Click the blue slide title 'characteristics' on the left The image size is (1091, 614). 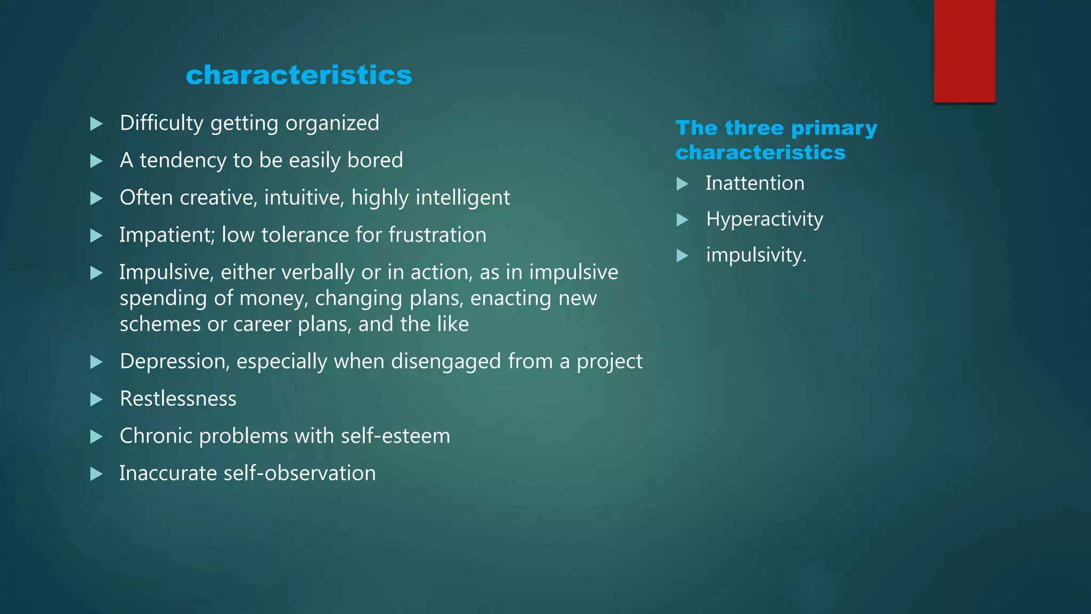[x=299, y=75]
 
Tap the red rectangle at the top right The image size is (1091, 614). [x=964, y=51]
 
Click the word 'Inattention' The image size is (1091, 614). [x=755, y=183]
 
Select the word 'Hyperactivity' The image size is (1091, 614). [x=764, y=220]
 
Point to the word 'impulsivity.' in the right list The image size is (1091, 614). [x=756, y=255]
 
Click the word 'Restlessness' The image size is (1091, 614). [x=178, y=399]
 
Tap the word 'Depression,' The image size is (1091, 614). [x=175, y=361]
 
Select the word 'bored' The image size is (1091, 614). [x=375, y=160]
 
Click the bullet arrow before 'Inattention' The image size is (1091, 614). [x=682, y=184]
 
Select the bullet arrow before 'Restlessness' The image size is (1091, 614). [x=96, y=400]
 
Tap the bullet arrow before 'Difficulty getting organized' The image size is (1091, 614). [x=96, y=124]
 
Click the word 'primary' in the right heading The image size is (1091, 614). [x=834, y=128]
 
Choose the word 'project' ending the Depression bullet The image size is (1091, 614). [x=609, y=362]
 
